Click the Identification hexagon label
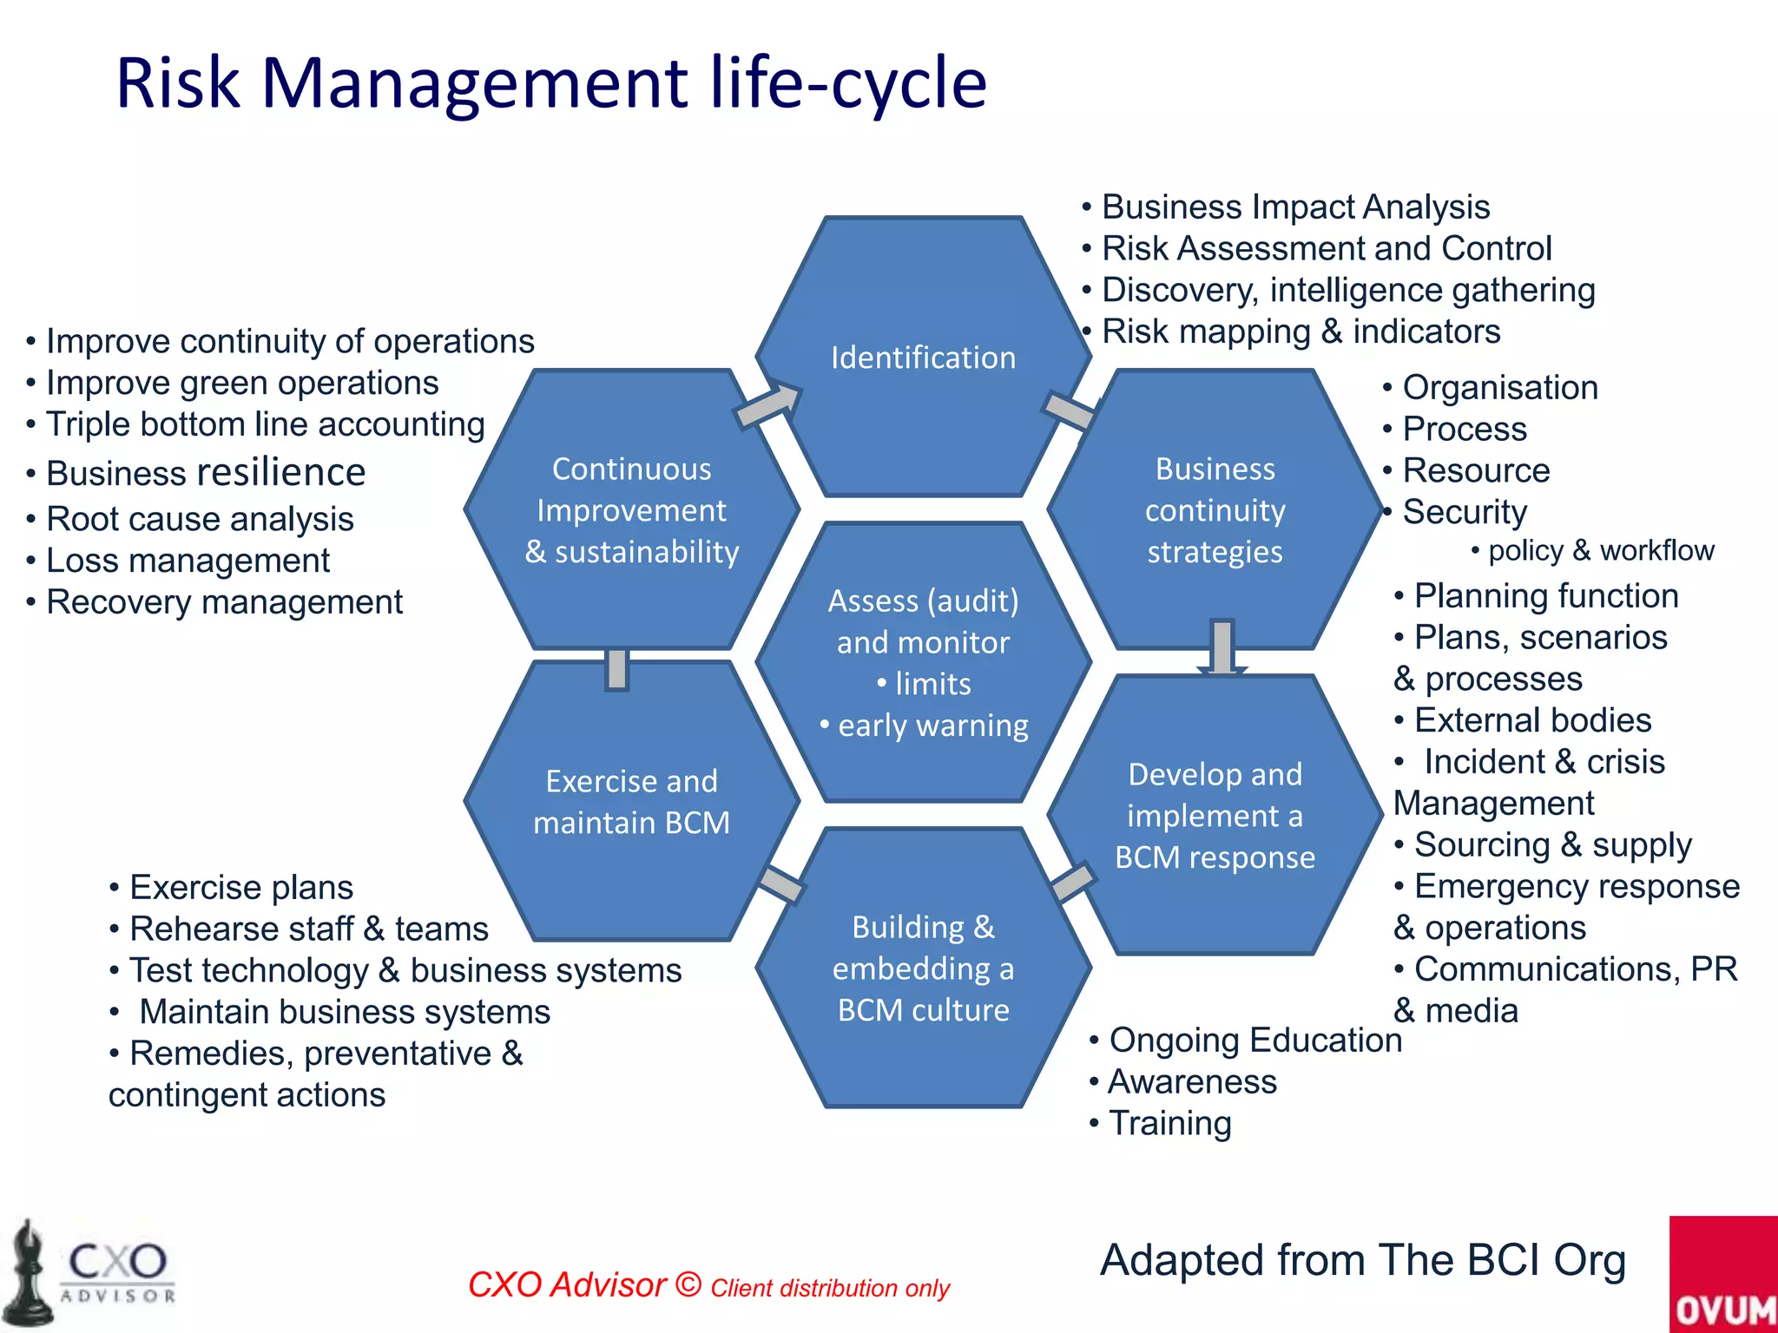[x=923, y=358]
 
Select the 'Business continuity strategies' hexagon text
[x=1215, y=510]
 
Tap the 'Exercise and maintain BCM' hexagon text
[x=631, y=802]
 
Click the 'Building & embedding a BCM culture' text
[x=923, y=969]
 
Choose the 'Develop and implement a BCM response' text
[x=1215, y=816]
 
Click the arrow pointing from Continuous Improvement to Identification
[x=768, y=405]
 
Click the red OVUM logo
[x=1722, y=1274]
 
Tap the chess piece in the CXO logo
[x=29, y=1274]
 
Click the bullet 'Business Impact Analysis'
[x=1295, y=207]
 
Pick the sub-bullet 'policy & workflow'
[x=1601, y=550]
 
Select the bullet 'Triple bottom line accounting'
[x=265, y=424]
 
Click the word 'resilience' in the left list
[x=281, y=472]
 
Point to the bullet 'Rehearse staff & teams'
[x=308, y=929]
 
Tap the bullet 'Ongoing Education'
[x=1254, y=1040]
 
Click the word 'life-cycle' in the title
[x=848, y=83]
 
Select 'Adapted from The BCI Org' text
[x=1362, y=1260]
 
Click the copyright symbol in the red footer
[x=688, y=1284]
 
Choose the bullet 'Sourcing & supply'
[x=1552, y=844]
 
